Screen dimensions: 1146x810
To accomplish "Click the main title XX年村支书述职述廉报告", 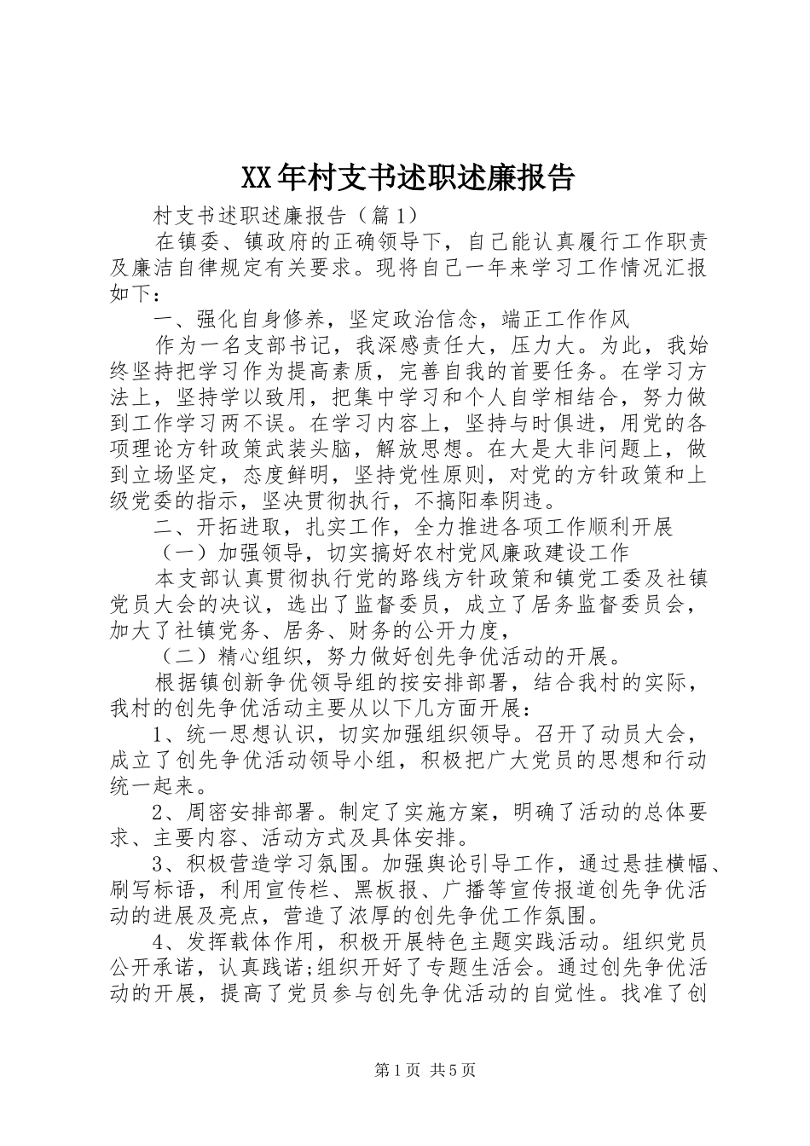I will (407, 177).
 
